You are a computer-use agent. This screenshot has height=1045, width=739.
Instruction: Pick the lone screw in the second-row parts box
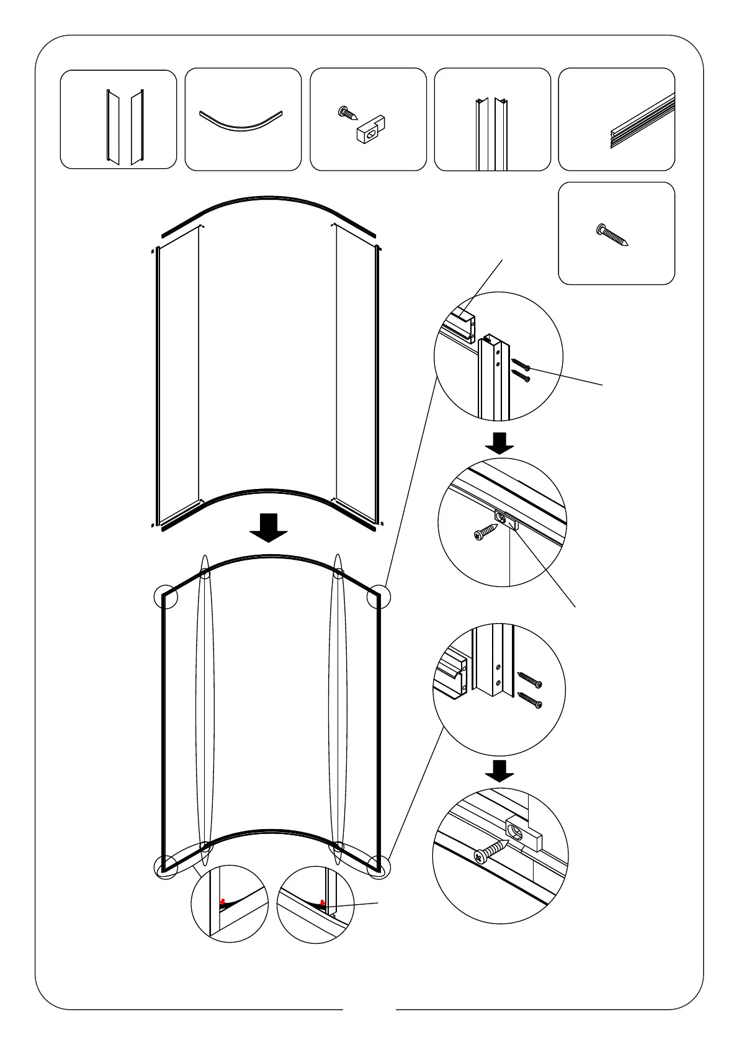coord(612,235)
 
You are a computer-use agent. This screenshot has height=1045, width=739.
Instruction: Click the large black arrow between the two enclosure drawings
coord(268,527)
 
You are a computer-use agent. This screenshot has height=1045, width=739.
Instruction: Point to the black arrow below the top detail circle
coord(499,442)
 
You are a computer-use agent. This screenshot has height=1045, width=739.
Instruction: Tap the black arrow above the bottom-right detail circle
coord(499,770)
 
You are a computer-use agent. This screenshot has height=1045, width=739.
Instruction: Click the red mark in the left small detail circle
coord(222,901)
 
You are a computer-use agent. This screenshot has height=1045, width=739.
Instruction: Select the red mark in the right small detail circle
coord(322,903)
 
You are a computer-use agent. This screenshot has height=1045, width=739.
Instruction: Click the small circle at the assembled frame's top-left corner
coord(166,597)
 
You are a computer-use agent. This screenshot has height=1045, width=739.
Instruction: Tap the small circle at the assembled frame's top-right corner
coord(378,597)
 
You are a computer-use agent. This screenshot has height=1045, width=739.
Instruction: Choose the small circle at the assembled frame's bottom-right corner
coord(378,866)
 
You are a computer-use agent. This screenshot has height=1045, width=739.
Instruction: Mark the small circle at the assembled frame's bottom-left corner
coord(166,866)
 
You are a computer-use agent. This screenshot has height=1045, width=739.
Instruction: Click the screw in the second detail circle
coord(486,532)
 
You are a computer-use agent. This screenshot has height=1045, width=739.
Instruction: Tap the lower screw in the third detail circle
coord(530,701)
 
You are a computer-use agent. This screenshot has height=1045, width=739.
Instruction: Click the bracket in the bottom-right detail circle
coord(525,833)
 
